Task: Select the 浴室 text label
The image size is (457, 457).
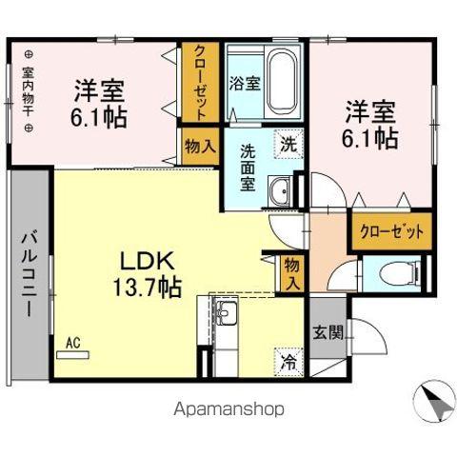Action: (x=245, y=83)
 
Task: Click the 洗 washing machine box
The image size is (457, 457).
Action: (x=287, y=145)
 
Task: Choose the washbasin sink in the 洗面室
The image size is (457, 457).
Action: (x=282, y=192)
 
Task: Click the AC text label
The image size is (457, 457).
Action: (x=72, y=340)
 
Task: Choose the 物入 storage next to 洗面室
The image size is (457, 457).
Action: (x=200, y=148)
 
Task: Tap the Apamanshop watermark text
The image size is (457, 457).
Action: (x=228, y=408)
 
